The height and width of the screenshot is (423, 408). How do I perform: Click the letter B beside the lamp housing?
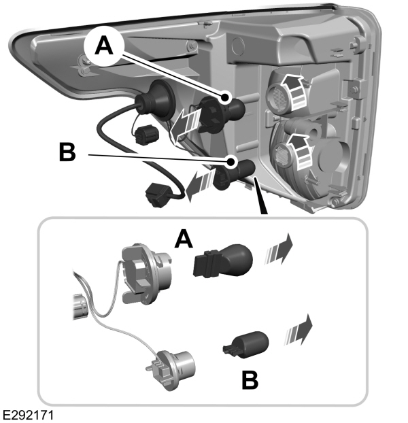click(x=66, y=152)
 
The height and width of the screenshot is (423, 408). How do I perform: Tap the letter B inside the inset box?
click(x=250, y=379)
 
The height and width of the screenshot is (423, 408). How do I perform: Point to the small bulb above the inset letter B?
click(x=245, y=343)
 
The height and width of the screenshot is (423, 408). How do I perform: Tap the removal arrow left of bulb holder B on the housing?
click(x=197, y=184)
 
